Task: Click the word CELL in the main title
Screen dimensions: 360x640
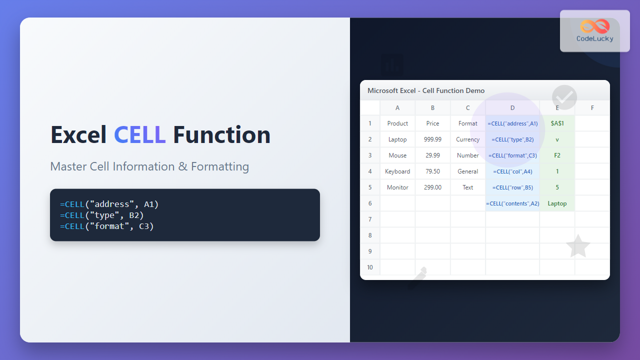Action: [x=139, y=135]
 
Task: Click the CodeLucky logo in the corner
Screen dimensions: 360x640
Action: [x=594, y=31]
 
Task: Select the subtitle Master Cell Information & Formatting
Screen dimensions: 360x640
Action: [x=149, y=166]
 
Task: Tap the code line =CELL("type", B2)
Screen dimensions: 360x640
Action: [x=101, y=215]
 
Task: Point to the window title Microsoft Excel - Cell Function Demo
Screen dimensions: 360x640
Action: [x=426, y=90]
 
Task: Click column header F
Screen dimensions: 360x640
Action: [x=592, y=107]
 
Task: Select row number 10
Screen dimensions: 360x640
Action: [x=370, y=267]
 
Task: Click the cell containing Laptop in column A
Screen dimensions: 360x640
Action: [x=397, y=139]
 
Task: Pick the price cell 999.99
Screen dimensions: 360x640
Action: [x=432, y=139]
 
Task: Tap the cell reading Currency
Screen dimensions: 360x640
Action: [x=467, y=139]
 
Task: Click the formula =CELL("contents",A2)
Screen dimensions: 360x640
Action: [x=512, y=203]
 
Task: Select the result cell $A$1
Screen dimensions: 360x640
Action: [x=557, y=123]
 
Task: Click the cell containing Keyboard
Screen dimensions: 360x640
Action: [x=397, y=171]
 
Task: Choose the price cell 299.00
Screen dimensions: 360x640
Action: [x=432, y=187]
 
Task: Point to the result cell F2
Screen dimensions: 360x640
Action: [x=557, y=155]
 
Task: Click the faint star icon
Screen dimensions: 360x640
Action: [x=578, y=246]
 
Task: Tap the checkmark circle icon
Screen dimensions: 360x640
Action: [x=564, y=97]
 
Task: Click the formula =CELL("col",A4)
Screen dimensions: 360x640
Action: [x=512, y=171]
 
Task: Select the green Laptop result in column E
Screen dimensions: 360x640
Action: [x=557, y=203]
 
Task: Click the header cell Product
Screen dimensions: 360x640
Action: [x=397, y=123]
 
